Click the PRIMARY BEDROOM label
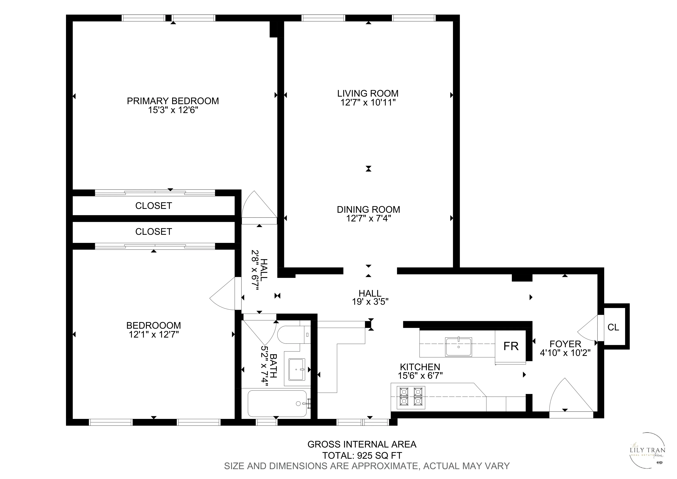point(173,101)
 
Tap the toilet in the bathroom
point(292,335)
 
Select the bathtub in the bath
point(277,403)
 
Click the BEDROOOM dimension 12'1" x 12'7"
point(154,335)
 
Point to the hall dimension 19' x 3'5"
point(370,302)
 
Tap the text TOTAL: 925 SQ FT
point(362,456)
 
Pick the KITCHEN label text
point(420,367)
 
